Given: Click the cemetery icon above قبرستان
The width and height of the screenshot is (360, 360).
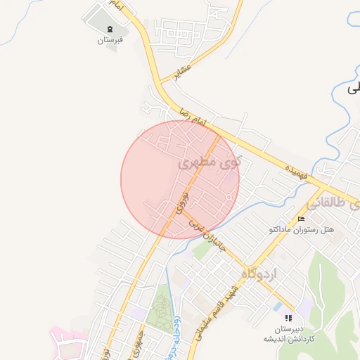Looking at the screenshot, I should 110,29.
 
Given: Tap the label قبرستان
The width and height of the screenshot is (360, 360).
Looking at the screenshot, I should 110,40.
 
